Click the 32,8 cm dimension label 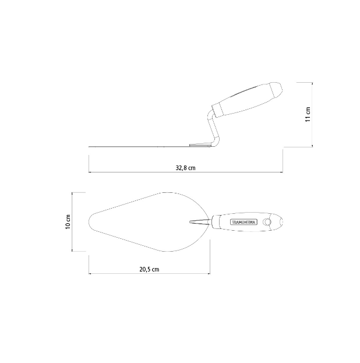point(185,168)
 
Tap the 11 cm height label point(308,114)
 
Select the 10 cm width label point(68,222)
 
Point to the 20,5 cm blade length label point(149,269)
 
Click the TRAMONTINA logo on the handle point(243,222)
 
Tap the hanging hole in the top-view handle point(267,222)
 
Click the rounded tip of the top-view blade point(89,222)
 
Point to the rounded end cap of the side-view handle point(277,89)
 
